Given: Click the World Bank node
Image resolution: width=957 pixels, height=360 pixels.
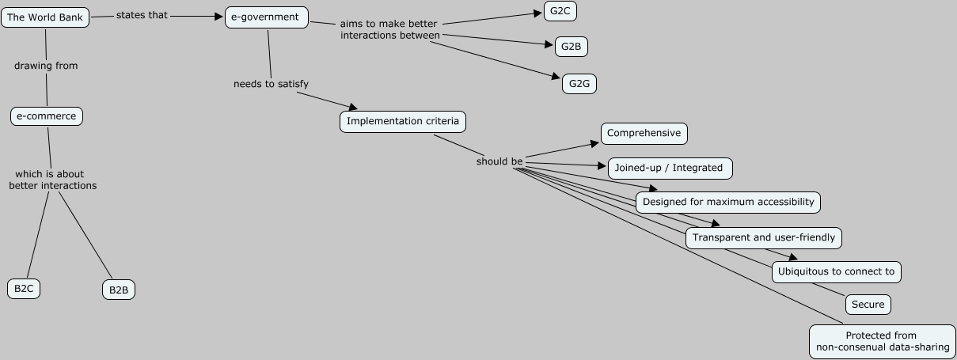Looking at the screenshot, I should point(45,17).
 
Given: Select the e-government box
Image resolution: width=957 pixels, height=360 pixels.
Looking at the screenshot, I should point(266,17).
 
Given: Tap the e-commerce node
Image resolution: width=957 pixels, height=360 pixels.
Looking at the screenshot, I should point(47,116).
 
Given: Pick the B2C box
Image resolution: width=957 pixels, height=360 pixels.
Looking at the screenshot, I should point(24,289).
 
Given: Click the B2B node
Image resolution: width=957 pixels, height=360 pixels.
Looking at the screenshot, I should point(119,290).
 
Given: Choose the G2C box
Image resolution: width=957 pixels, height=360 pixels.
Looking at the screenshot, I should point(560,11).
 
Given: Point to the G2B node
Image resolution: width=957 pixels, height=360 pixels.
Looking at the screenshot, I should point(571,47).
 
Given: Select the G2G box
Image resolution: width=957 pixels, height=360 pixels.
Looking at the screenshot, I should point(579,83).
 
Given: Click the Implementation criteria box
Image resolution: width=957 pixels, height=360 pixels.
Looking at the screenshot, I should point(403,122).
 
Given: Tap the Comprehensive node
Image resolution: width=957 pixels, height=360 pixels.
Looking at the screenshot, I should point(644,133).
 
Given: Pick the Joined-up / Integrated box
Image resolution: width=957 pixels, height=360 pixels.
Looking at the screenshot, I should point(669,168).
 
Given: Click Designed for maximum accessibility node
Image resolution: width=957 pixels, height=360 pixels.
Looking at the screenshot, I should point(728,202).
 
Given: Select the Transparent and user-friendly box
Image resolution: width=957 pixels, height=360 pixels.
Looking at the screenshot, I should point(763,237).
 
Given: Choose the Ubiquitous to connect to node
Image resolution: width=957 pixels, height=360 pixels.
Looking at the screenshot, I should point(836,271).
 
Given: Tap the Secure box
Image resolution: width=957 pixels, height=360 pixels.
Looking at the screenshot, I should point(868,305).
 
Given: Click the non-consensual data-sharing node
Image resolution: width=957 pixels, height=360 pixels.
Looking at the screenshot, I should point(882,341).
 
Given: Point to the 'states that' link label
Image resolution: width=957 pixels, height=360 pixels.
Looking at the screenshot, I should point(142,15).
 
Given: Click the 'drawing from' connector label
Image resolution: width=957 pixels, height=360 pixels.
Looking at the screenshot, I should point(46,66).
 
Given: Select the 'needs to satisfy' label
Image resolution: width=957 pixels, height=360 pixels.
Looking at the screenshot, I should point(271,84).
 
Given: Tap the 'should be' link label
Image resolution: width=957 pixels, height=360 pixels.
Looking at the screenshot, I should point(499,161).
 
